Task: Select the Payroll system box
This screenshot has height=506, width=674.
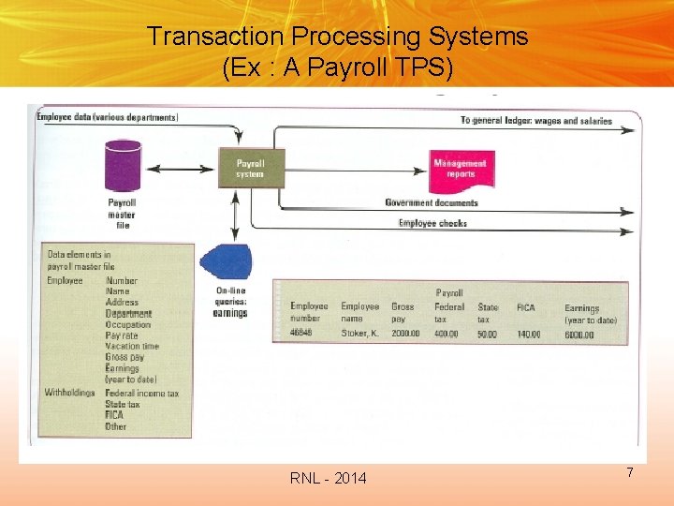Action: [250, 168]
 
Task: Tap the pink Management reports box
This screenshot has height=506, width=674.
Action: [460, 169]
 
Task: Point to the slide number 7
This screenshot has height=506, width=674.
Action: [630, 473]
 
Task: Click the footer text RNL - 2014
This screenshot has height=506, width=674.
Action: [329, 479]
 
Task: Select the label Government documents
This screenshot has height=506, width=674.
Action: [431, 202]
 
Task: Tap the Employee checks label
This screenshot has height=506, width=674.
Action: [432, 223]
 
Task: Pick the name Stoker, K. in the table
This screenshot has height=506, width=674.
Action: [360, 333]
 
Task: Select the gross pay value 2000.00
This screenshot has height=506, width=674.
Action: [406, 333]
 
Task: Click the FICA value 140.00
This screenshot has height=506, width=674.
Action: [529, 334]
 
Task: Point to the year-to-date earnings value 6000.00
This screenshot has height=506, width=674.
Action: [579, 335]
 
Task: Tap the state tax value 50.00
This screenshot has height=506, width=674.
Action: [488, 334]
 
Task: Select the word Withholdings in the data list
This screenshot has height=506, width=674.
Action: [70, 393]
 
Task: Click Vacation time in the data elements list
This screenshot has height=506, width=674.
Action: [132, 346]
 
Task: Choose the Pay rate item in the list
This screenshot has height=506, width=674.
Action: [122, 335]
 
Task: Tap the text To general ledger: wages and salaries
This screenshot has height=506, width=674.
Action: [536, 121]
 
